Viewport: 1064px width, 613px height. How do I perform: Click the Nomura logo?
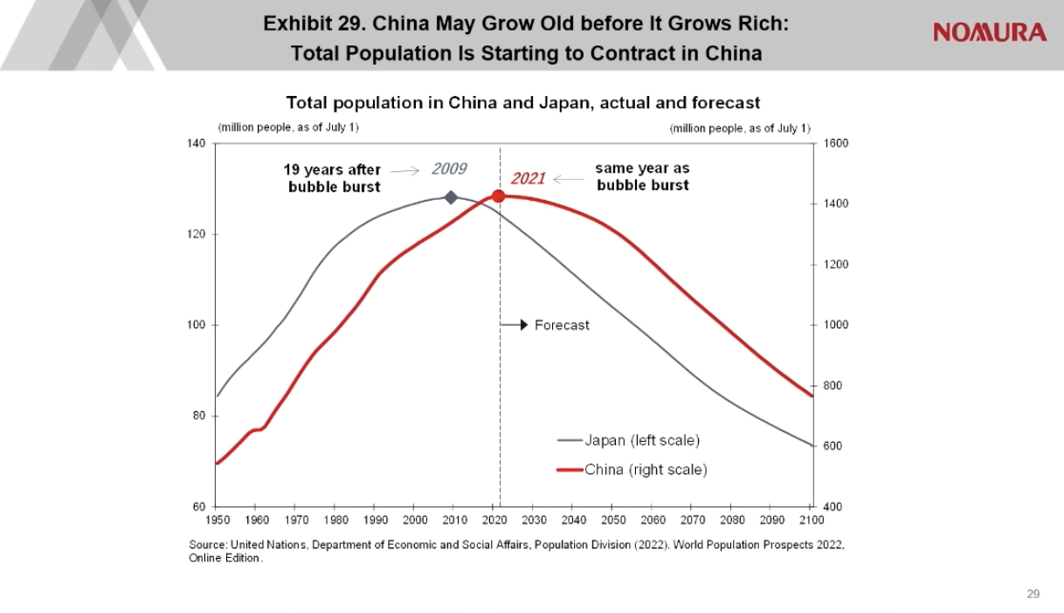point(989,33)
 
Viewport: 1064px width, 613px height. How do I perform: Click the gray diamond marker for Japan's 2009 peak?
point(451,197)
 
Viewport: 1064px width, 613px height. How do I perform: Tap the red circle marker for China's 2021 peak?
point(499,196)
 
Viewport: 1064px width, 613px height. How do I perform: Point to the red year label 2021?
point(528,179)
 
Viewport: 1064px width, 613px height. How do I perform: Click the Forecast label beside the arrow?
point(562,325)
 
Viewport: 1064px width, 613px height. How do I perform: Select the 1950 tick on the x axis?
point(217,520)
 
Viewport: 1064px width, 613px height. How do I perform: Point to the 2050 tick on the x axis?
point(613,520)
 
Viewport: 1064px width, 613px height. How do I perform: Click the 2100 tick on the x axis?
point(812,520)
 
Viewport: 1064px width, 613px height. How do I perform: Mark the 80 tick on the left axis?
point(199,416)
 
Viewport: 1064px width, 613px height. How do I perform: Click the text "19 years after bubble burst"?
point(334,178)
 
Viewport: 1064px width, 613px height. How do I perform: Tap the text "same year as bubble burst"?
point(642,176)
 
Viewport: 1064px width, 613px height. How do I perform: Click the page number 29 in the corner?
point(1033,594)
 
